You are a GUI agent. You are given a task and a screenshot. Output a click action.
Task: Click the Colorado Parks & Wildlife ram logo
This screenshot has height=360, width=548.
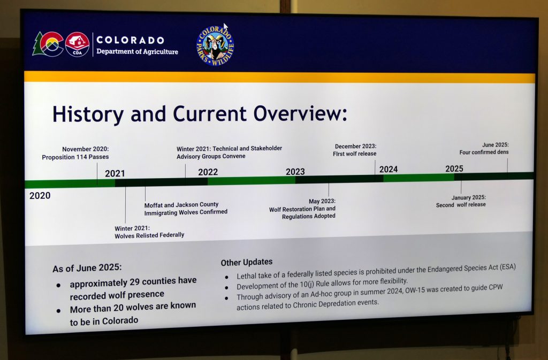215,46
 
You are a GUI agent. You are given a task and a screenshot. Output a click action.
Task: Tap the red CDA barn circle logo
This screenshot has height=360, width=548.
77,44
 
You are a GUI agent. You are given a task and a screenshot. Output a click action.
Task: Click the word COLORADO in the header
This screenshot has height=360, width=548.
131,40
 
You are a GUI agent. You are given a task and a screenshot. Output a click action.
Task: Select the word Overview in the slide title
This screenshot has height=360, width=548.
300,113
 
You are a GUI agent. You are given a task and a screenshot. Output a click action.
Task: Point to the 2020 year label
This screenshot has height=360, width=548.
40,196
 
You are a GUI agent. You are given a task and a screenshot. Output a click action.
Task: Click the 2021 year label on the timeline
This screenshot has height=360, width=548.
115,173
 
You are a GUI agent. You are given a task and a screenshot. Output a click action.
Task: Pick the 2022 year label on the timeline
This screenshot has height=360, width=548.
208,172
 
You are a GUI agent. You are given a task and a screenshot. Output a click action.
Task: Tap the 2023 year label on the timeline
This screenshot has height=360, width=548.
295,172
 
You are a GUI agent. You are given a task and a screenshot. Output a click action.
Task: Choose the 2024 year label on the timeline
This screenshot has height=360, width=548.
389,170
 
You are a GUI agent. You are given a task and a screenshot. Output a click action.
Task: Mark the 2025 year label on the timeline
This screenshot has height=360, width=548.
454,168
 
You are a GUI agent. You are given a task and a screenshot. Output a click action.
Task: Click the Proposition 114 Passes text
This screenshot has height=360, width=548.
75,157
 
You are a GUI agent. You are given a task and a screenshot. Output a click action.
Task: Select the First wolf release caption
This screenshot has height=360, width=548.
355,154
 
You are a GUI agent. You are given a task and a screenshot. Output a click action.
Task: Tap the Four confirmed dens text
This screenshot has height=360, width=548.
484,152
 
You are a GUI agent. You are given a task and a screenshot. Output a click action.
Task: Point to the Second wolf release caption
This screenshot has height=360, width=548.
461,205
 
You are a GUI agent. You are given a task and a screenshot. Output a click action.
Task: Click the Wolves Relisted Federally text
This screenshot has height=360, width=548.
149,235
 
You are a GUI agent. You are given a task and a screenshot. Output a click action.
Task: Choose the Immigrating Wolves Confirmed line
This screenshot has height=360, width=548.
186,212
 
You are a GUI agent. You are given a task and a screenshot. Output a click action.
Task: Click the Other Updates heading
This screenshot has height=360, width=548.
247,262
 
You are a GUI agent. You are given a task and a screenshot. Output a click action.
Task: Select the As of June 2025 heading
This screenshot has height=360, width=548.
87,268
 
